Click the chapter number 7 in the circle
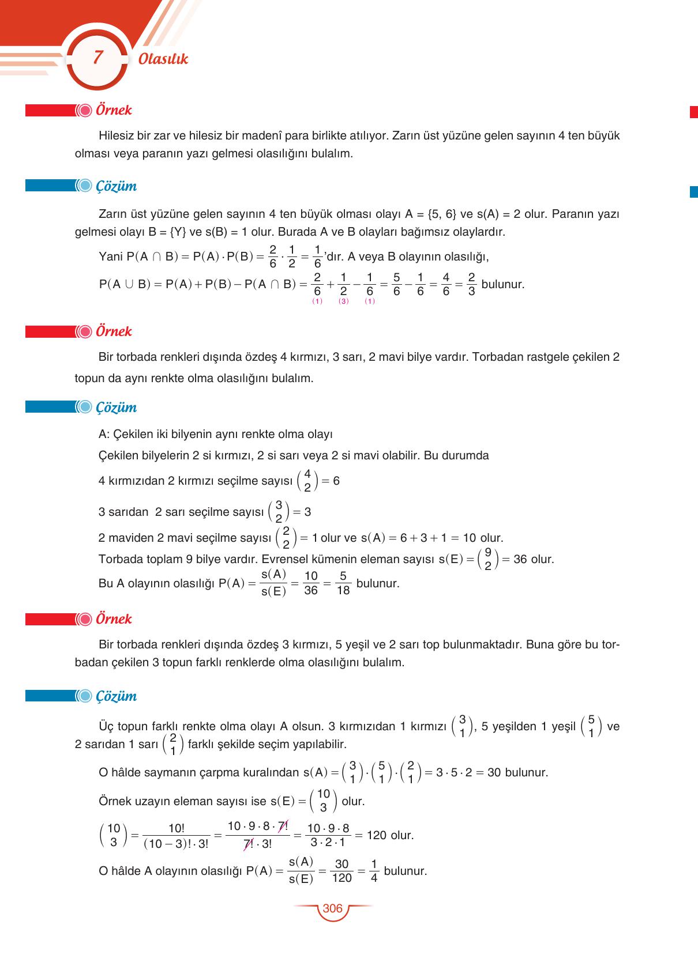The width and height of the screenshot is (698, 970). point(97,58)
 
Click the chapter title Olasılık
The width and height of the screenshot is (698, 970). point(163,59)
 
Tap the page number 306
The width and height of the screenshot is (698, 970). point(332,908)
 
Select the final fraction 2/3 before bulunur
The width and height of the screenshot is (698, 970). point(471,284)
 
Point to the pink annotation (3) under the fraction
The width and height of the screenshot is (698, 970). point(344,301)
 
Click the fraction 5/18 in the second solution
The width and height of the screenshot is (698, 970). point(343,583)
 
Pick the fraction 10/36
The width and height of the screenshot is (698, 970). point(311,583)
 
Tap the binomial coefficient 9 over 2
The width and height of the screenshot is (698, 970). point(487,558)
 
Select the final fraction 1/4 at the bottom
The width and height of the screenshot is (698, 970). point(374,871)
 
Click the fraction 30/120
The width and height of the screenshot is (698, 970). point(342,871)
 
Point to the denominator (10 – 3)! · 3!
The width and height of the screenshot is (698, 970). point(176,843)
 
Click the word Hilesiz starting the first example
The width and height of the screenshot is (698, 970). point(116,136)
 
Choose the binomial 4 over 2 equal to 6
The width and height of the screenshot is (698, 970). point(307,481)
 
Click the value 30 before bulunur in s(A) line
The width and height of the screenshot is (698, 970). point(494,772)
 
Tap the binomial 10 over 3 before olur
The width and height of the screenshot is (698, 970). point(323,801)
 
